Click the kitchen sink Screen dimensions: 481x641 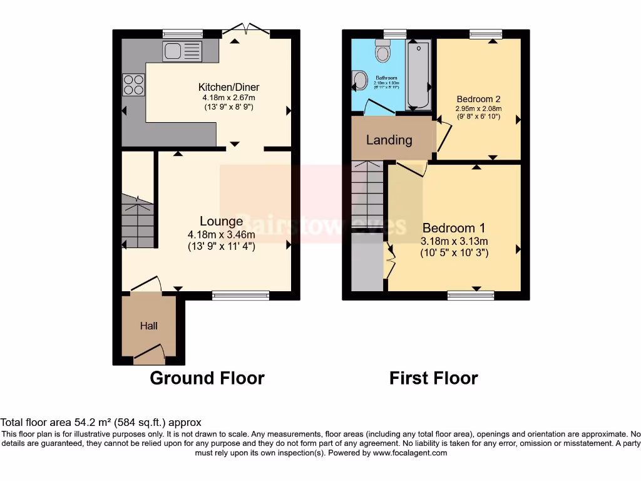[182, 51]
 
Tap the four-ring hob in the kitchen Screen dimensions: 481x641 [133, 85]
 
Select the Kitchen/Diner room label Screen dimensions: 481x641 [228, 87]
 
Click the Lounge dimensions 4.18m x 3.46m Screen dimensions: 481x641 [221, 234]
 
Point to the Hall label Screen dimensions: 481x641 [149, 326]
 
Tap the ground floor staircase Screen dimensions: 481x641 [138, 222]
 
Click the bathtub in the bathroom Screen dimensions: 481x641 [418, 75]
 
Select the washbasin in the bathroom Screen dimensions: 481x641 [359, 79]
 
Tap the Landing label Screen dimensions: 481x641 [389, 140]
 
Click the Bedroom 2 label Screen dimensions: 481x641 [478, 99]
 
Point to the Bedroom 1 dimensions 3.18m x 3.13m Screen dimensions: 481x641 [454, 241]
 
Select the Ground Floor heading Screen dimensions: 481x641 [207, 378]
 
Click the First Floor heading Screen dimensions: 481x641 [433, 378]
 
